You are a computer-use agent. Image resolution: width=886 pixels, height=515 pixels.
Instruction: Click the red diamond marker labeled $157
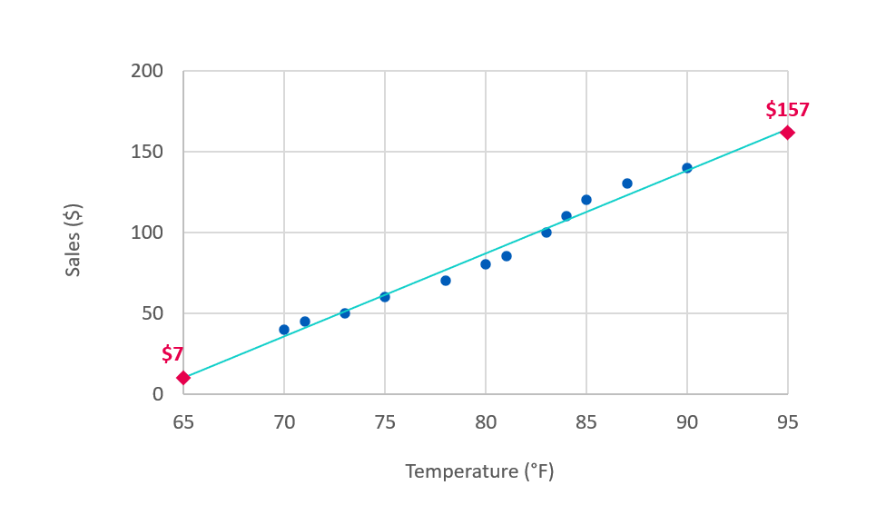(x=787, y=133)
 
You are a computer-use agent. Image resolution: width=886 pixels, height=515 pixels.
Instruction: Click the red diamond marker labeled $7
(x=183, y=378)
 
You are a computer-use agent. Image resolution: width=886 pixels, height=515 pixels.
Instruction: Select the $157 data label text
(x=787, y=110)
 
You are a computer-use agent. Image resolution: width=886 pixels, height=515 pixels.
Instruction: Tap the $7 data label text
(x=172, y=354)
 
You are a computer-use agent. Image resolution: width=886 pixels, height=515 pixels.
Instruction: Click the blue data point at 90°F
(x=687, y=168)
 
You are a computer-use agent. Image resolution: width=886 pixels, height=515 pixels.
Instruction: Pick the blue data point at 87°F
(x=627, y=183)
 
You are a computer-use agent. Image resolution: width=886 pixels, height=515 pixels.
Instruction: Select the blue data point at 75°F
(x=385, y=297)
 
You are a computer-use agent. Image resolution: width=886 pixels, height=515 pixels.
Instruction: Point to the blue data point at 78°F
(x=446, y=281)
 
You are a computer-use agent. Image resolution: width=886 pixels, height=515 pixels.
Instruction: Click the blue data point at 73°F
(x=345, y=313)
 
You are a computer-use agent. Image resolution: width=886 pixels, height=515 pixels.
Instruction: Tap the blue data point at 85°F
(x=586, y=200)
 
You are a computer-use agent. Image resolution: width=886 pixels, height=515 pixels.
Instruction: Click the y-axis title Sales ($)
(x=74, y=241)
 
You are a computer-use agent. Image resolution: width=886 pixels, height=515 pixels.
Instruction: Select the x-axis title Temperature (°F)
(x=479, y=471)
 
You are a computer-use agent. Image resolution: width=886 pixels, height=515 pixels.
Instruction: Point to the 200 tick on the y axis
(x=148, y=72)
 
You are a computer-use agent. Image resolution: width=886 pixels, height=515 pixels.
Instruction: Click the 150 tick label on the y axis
(x=148, y=152)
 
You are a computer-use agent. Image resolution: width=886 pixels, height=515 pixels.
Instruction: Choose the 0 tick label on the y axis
(x=158, y=394)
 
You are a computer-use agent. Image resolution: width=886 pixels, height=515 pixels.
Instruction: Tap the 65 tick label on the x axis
(x=183, y=421)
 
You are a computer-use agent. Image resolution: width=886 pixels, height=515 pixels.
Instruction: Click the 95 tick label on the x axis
(x=787, y=421)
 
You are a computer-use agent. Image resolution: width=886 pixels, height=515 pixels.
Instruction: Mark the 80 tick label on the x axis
(x=486, y=421)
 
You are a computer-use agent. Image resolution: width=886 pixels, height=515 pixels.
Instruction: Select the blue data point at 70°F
(x=284, y=330)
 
